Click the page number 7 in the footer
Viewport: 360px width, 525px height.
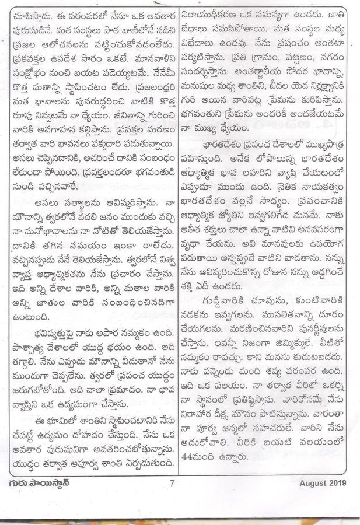pyautogui.click(x=172, y=482)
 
